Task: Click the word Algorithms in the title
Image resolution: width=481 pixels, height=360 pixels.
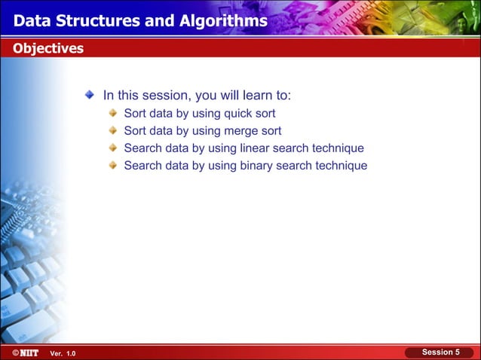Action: coord(224,20)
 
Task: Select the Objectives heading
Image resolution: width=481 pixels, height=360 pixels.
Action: coord(47,49)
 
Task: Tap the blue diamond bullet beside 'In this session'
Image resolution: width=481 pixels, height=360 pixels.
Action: coord(90,95)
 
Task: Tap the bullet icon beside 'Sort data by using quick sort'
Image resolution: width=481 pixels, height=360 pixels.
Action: coord(112,114)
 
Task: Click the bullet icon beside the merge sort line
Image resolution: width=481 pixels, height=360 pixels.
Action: coord(112,131)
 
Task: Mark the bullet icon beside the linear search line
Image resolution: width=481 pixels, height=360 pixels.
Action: coord(112,148)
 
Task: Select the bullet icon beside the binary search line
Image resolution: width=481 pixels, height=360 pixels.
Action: coord(112,166)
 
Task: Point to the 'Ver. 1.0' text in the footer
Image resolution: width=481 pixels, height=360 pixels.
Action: coord(63,353)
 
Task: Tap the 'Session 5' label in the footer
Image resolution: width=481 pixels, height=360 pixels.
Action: coord(440,352)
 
